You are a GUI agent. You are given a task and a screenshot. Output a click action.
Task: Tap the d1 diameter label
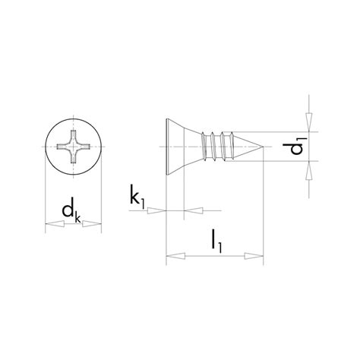pos(298,146)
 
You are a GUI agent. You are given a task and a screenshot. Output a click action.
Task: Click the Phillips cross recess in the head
pos(74,144)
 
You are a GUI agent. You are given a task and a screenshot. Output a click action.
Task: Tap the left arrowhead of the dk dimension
pos(51,224)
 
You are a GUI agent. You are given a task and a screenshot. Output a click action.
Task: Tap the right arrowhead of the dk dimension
pos(96,224)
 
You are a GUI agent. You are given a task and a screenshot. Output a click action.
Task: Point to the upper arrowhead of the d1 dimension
pos(309,122)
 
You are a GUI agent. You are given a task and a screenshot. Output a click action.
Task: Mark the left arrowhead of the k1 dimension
pos(158,208)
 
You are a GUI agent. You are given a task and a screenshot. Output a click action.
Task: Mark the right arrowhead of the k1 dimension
pos(190,208)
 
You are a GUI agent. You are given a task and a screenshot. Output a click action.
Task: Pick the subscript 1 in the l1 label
pos(224,248)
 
